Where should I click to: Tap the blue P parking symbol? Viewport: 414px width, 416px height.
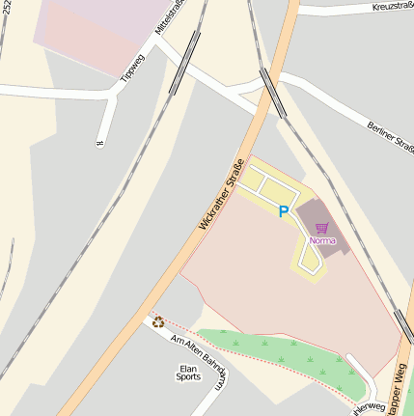pyautogui.click(x=283, y=211)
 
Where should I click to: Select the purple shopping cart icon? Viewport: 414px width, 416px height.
pyautogui.click(x=321, y=228)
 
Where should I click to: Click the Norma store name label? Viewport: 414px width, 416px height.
pyautogui.click(x=322, y=240)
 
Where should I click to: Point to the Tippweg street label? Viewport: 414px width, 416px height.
pyautogui.click(x=131, y=62)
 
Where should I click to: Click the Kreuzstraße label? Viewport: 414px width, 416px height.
pyautogui.click(x=391, y=7)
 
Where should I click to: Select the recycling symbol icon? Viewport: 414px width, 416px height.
pyautogui.click(x=156, y=321)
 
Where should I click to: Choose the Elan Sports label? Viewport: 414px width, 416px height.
pyautogui.click(x=189, y=374)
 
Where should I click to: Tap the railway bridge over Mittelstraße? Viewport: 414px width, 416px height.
pyautogui.click(x=184, y=62)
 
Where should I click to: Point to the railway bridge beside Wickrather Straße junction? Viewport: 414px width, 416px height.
pyautogui.click(x=271, y=93)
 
